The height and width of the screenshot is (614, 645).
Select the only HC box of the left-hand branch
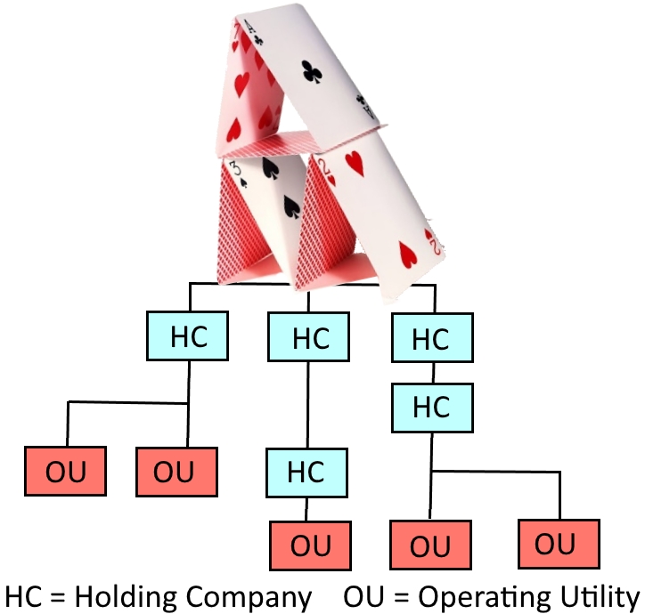pyautogui.click(x=187, y=336)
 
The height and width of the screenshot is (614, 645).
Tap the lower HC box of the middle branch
pyautogui.click(x=306, y=472)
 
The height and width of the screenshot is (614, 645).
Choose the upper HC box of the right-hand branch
pyautogui.click(x=431, y=339)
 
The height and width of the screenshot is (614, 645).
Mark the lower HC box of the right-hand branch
pyautogui.click(x=431, y=407)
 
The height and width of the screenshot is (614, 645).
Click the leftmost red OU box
pyautogui.click(x=65, y=472)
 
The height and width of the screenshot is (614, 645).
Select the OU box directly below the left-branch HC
pyautogui.click(x=176, y=472)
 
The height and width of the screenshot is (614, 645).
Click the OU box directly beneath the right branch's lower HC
pyautogui.click(x=431, y=545)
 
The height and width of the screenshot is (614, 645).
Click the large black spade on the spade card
pyautogui.click(x=290, y=207)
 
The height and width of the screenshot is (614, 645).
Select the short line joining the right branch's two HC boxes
pyautogui.click(x=432, y=372)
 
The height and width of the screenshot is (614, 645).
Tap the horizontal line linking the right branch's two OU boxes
pyautogui.click(x=495, y=471)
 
